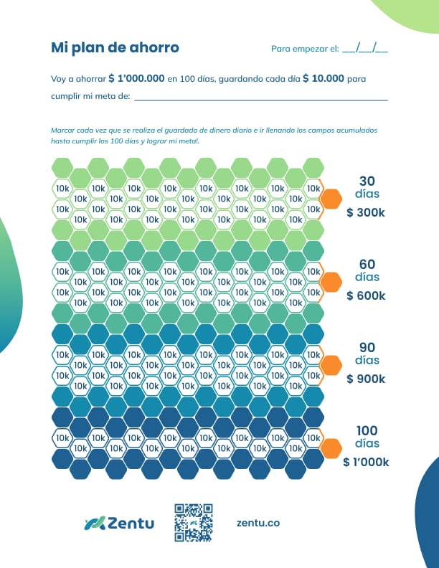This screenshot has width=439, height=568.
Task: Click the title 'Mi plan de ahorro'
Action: tap(115, 47)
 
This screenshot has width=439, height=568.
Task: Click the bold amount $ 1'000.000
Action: tap(136, 78)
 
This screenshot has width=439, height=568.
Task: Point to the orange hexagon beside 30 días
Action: tap(331, 199)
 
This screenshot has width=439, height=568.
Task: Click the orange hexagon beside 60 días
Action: tap(331, 282)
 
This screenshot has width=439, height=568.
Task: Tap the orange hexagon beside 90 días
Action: tap(331, 365)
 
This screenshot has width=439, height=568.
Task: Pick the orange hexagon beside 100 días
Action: tap(331, 448)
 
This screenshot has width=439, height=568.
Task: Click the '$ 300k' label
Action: tap(366, 213)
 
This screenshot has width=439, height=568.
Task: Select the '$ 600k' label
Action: tap(366, 296)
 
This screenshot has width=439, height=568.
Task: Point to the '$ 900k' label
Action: tap(366, 379)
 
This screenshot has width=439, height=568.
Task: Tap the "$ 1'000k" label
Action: tap(366, 463)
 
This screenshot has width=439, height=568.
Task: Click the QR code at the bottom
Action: tap(194, 523)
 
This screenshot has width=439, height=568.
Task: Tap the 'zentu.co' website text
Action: tap(258, 523)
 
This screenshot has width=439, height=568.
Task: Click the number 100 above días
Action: tap(367, 430)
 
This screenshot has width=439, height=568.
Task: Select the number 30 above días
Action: tap(367, 181)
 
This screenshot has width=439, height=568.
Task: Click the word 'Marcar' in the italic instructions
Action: tap(62, 131)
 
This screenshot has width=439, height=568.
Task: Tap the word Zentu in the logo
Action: tap(131, 524)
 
